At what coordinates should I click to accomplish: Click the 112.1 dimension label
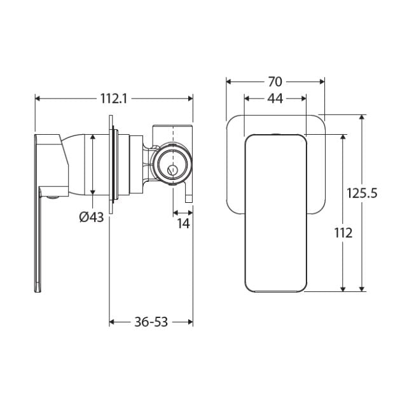click(x=114, y=98)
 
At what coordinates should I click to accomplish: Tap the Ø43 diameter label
click(x=92, y=217)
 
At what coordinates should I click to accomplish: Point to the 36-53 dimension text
click(x=151, y=322)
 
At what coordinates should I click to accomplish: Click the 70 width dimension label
click(x=275, y=81)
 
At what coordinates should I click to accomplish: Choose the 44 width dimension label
click(x=275, y=99)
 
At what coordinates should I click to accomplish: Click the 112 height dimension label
click(x=343, y=233)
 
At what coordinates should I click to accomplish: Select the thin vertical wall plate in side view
click(x=113, y=167)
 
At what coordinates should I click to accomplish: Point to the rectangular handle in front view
click(x=275, y=213)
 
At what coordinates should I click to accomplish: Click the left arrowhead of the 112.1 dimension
click(x=38, y=98)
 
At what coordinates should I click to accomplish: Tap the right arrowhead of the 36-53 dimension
click(x=190, y=322)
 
